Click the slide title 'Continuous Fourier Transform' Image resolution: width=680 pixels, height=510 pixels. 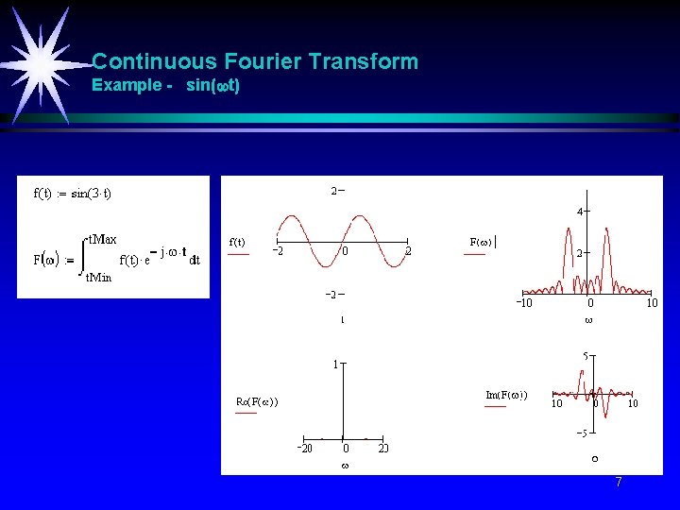tap(255, 62)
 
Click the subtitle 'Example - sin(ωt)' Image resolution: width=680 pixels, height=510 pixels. tap(165, 86)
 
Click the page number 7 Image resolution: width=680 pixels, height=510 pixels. tap(618, 483)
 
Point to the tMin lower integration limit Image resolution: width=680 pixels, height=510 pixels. tap(98, 278)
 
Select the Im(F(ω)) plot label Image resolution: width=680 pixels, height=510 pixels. tap(506, 394)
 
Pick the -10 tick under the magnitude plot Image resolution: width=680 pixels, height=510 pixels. tap(523, 303)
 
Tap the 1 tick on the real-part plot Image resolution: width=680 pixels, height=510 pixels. tap(335, 363)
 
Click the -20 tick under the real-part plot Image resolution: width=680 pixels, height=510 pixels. tap(301, 448)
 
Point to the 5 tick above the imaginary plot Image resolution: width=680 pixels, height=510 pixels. tap(586, 356)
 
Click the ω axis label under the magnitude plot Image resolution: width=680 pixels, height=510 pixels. tap(588, 320)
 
